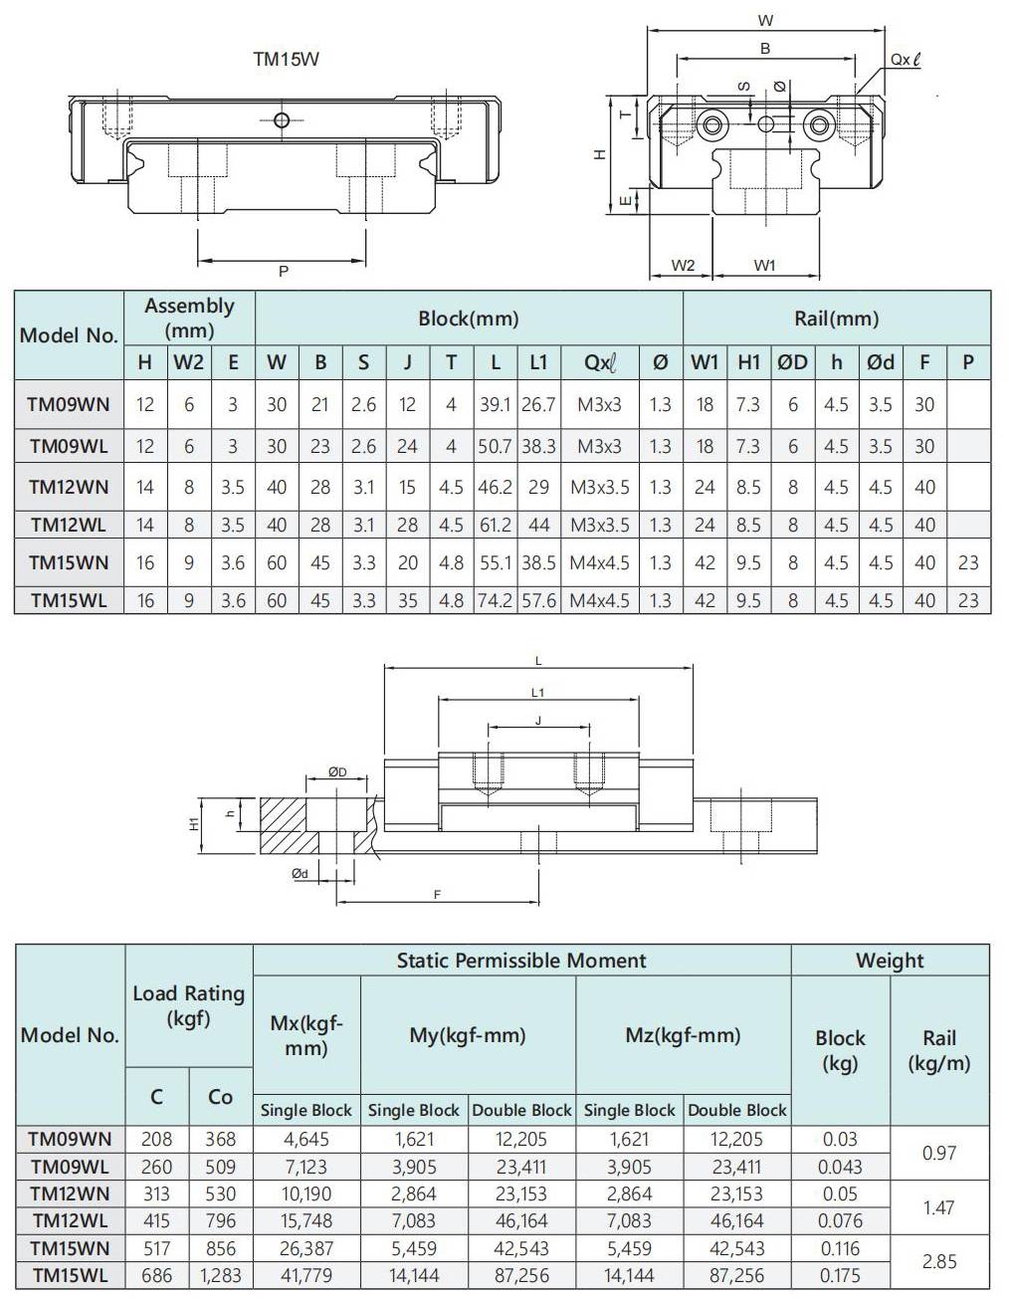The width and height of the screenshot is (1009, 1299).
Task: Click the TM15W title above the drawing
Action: [287, 60]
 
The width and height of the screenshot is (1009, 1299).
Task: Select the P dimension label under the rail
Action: [284, 271]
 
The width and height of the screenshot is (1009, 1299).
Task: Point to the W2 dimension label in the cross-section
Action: [683, 265]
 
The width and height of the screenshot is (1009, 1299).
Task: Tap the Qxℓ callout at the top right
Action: [905, 60]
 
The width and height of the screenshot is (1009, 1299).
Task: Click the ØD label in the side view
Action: [337, 771]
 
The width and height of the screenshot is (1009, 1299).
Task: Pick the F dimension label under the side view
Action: [437, 895]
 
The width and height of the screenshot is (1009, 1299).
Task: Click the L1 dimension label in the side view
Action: [537, 692]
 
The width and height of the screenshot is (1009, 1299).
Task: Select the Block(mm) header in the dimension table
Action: [469, 319]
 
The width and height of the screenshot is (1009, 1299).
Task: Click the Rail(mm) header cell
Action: [836, 319]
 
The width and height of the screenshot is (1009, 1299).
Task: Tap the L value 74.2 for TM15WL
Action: [495, 600]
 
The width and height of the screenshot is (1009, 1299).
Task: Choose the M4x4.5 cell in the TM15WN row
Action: [599, 562]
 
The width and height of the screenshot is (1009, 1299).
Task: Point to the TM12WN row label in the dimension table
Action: [69, 487]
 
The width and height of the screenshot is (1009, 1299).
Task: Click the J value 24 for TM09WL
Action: [407, 446]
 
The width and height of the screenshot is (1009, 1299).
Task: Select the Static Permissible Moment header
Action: [521, 961]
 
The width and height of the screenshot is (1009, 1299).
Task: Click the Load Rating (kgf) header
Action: [189, 1005]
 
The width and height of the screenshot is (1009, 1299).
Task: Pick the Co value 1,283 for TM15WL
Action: [220, 1275]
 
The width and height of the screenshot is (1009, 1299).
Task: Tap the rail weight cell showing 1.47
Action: [938, 1207]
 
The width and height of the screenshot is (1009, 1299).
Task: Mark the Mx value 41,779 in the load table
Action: [306, 1275]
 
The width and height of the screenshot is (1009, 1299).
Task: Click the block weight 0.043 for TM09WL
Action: [840, 1167]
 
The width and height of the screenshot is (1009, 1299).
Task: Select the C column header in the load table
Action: [157, 1097]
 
